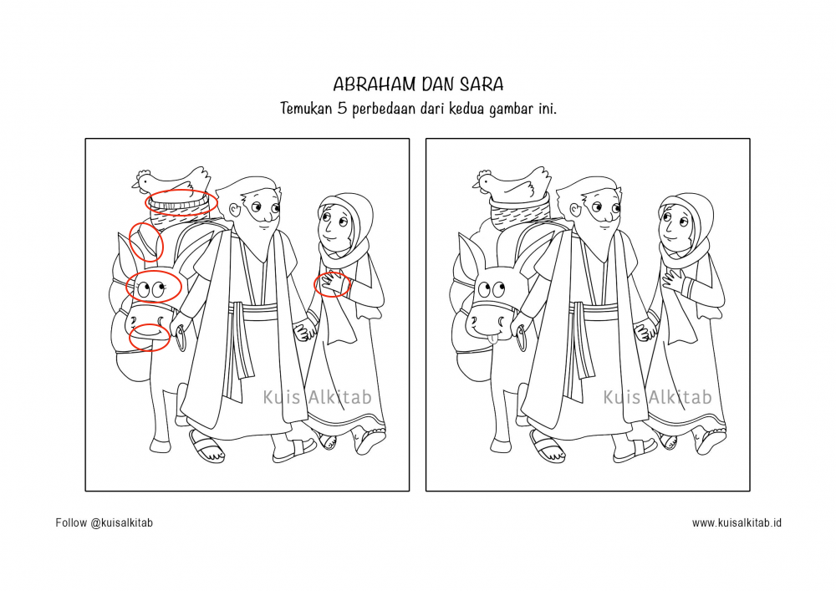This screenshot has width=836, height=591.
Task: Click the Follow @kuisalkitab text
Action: (104, 523)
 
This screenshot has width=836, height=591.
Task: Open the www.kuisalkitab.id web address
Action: (737, 523)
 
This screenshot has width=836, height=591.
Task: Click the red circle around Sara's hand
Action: (331, 284)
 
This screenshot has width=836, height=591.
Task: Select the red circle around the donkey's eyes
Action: (153, 288)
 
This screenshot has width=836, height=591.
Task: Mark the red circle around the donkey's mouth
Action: (150, 336)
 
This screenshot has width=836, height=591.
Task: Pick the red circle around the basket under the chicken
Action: (182, 201)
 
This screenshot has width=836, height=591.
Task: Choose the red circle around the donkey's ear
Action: (146, 242)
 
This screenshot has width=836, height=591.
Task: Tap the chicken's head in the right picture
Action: (487, 179)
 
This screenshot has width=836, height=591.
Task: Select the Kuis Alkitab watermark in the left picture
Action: (317, 397)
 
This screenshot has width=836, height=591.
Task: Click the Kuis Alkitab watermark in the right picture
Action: (657, 397)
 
